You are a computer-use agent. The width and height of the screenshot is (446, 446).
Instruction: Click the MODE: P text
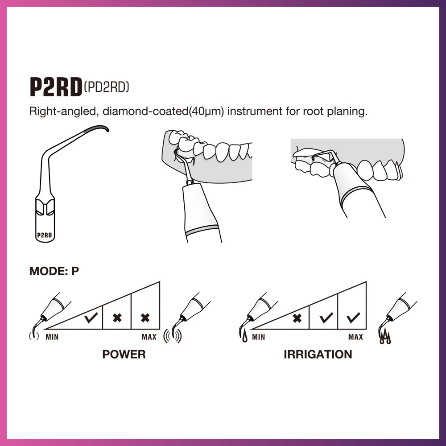54,271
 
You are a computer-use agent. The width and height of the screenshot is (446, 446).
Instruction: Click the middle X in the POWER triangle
117,318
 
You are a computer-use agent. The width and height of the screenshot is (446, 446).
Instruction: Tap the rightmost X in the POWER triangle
145,318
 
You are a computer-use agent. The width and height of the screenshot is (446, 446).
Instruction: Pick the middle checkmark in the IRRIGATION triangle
326,318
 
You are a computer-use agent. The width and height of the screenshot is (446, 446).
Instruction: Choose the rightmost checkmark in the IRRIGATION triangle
353,318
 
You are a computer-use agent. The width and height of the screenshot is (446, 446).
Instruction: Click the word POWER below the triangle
124,355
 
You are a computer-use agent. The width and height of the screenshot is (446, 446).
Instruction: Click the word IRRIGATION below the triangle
318,355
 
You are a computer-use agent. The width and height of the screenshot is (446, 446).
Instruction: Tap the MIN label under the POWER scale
52,337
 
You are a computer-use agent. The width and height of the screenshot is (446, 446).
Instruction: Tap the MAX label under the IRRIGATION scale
355,337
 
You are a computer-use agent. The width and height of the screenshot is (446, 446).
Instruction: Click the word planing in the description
351,111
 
